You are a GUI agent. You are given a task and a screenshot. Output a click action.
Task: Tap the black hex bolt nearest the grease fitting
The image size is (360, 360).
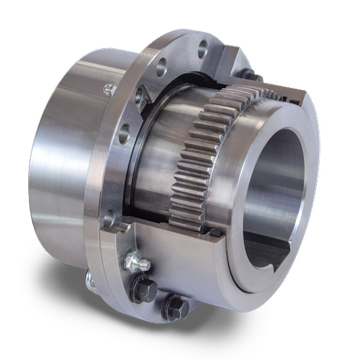click(144, 287)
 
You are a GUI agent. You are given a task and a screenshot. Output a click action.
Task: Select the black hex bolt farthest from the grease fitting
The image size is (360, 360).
click(174, 308)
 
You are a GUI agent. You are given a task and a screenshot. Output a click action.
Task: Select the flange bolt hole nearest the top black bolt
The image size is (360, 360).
click(202, 49)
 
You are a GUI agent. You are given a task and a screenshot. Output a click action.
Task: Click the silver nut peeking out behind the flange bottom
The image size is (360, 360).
click(89, 277)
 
